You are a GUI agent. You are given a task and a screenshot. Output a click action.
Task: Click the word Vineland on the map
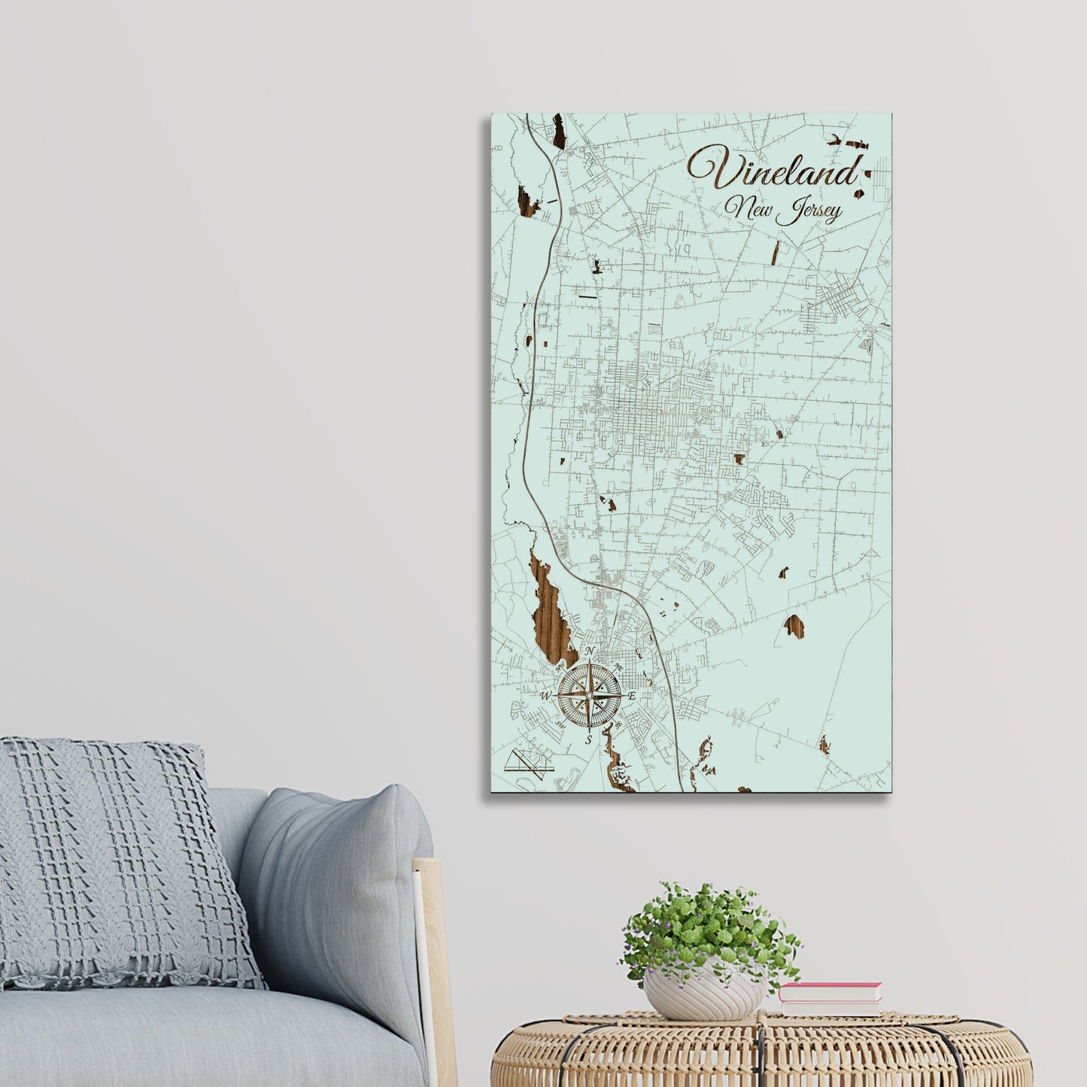click(773, 170)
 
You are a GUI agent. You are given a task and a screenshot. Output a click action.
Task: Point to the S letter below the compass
click(590, 739)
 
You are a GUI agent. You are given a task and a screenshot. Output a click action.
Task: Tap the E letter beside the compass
click(633, 696)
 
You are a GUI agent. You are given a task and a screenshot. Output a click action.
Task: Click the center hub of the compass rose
click(590, 696)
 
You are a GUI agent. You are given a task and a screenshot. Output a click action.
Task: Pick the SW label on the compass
click(560, 725)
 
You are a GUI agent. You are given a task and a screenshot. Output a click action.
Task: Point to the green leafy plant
click(707, 929)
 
